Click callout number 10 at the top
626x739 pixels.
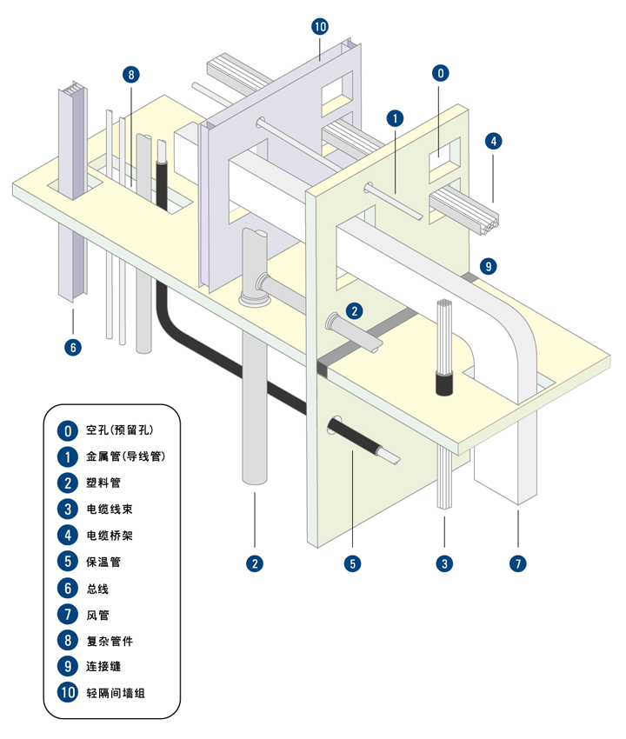click(320, 27)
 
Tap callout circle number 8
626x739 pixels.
click(131, 75)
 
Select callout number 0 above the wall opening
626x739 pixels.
click(441, 73)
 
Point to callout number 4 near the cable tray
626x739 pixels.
click(494, 141)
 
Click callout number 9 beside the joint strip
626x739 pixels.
click(489, 266)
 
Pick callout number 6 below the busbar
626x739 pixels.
click(73, 348)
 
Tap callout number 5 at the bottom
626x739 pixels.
click(353, 563)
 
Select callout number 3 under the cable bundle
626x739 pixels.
click(444, 563)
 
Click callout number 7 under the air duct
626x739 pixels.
click(518, 563)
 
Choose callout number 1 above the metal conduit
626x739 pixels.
click(395, 118)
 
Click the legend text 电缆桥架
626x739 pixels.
click(110, 536)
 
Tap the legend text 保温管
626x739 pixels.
click(103, 562)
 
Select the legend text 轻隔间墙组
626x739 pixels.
click(116, 693)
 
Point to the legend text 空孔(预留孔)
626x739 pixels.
click(120, 429)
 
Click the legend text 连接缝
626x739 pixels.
click(103, 667)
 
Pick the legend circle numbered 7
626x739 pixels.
click(68, 614)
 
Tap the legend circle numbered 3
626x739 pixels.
click(68, 509)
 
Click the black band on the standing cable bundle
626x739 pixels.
click(444, 383)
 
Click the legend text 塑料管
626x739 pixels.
click(103, 483)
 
